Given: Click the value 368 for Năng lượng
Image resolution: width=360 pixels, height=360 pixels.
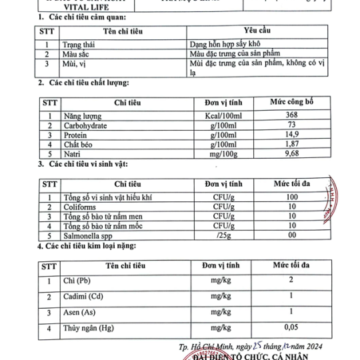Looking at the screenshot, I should coord(291,115).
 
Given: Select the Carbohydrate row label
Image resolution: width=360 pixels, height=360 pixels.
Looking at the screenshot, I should coord(87,125).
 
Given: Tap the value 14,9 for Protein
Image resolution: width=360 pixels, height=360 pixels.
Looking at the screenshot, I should coord(291,134).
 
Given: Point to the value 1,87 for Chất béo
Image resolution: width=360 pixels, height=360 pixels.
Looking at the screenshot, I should coord(291,143).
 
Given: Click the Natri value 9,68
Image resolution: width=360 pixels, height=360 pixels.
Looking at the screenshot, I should coord(291,153).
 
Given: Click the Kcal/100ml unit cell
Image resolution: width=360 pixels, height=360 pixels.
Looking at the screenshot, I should coord(223,115).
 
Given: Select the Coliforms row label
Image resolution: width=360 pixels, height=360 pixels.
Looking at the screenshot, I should coord(80,207).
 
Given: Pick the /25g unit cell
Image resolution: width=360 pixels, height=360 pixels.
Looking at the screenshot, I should coord(223,235).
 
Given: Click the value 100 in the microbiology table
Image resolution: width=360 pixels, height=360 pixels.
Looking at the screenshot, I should coord(291,197).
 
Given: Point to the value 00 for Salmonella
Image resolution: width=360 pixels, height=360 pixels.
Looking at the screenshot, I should coord(291,235).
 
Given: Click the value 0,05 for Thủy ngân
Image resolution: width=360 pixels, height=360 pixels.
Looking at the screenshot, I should coord(291,328).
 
